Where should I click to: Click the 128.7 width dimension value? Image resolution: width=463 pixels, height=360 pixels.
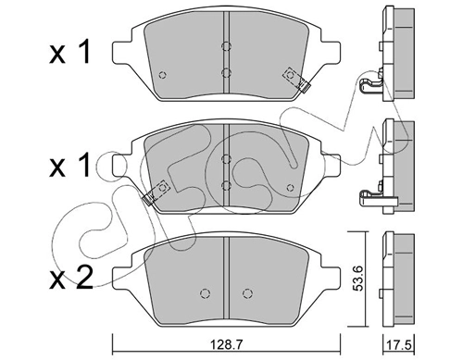coord(226,345)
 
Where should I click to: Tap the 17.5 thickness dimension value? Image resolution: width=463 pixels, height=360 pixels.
coord(401,345)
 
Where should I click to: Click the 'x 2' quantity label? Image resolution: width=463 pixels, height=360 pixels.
coord(71,277)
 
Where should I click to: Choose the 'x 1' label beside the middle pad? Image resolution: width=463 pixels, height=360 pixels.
coord(70,165)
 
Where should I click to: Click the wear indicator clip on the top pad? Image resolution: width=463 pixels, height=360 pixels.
coord(296,80)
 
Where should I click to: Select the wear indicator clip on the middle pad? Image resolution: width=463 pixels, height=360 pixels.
coord(156,192)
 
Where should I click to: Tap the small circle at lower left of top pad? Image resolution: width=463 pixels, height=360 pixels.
coord(162,75)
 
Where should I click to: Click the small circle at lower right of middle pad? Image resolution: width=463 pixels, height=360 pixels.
coord(290,188)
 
